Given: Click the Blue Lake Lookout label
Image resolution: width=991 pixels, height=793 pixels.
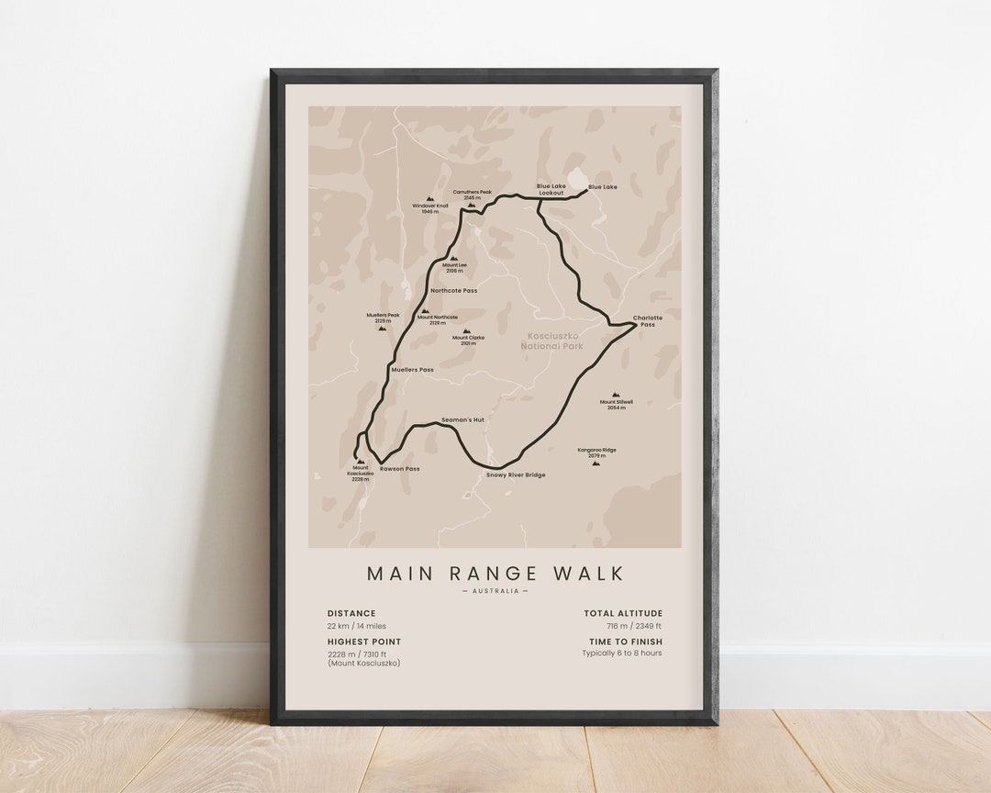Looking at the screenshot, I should click(551, 189).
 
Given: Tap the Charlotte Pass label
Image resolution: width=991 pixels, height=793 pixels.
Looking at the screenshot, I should click(647, 321).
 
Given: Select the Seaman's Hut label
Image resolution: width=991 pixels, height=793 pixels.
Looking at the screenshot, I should click(462, 419).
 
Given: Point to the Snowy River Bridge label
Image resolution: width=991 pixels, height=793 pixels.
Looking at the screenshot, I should click(516, 475).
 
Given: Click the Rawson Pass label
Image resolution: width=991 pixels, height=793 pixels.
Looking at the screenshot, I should click(399, 469).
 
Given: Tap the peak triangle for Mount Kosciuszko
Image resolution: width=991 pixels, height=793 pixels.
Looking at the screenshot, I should click(360, 462).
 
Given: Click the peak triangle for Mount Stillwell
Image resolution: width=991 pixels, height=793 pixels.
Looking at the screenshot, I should click(616, 395).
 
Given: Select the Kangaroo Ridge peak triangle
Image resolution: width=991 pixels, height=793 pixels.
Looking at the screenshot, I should click(596, 463).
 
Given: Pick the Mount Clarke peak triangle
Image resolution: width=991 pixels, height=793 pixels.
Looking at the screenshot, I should click(466, 331).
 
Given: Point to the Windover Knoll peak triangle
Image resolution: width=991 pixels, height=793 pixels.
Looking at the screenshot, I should click(429, 198).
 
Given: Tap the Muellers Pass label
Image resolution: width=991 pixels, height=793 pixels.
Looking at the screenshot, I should click(412, 370).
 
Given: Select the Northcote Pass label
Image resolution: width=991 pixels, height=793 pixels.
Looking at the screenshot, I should click(453, 291).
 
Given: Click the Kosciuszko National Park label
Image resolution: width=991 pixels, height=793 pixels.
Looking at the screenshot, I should click(551, 341).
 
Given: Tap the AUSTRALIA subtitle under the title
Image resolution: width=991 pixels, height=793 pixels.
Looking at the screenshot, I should click(495, 591).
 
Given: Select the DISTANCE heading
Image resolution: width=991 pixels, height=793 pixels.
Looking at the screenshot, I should click(351, 613).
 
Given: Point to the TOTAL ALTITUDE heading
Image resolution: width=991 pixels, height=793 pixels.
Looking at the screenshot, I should click(623, 613).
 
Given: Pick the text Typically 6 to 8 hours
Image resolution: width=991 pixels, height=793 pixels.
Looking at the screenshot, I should click(621, 653).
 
